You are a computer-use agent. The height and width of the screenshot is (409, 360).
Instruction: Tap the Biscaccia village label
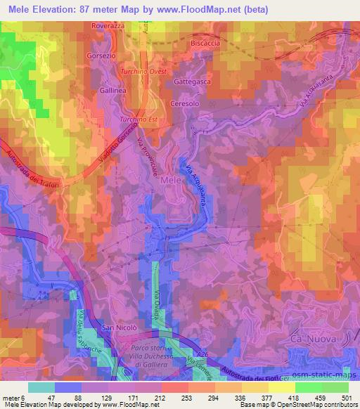pos(205,43)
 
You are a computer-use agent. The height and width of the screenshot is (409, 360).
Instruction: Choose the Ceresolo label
pos(184,103)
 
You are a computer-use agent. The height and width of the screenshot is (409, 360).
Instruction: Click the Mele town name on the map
pos(173,181)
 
